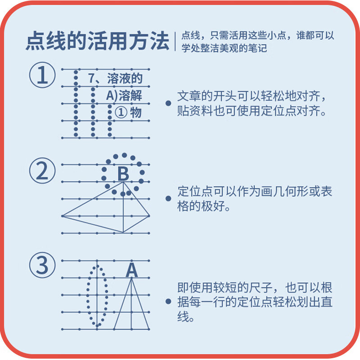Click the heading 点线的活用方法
(x=97, y=41)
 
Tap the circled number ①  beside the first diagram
(x=42, y=76)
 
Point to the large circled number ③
(x=42, y=265)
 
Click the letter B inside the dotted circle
(x=123, y=174)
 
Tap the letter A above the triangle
(x=131, y=270)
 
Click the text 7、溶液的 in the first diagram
(x=115, y=79)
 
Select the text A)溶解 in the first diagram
(x=123, y=95)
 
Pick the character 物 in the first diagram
(x=136, y=112)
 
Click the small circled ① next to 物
(x=121, y=112)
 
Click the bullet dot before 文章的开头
(x=168, y=103)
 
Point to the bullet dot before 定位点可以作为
(x=168, y=198)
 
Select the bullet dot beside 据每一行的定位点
(x=168, y=302)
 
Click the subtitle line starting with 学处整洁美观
(x=224, y=48)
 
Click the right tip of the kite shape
(x=149, y=216)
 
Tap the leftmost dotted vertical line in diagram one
(x=76, y=103)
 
